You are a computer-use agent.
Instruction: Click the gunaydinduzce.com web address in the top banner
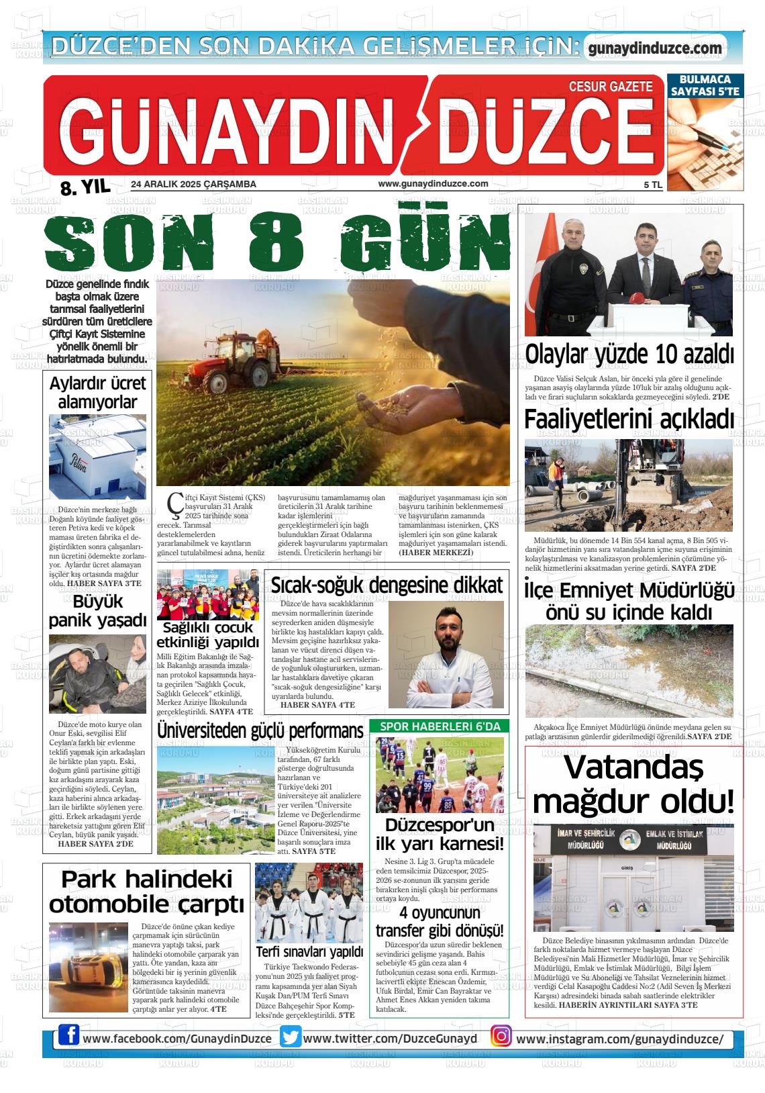(x=654, y=48)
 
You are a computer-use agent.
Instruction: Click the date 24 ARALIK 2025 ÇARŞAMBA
(x=193, y=184)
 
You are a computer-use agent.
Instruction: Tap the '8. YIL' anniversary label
(x=85, y=187)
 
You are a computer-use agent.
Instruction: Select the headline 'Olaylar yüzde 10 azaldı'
(x=629, y=354)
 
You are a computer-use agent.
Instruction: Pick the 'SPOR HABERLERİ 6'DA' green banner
(x=440, y=726)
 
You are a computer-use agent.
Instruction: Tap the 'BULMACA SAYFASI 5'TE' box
(x=705, y=85)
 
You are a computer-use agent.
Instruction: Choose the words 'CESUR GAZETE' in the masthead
(x=610, y=87)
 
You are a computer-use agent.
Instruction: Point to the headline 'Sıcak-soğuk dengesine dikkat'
(x=387, y=585)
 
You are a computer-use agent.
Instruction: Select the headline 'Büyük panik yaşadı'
(x=97, y=610)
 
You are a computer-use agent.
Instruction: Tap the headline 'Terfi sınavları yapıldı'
(x=309, y=952)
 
